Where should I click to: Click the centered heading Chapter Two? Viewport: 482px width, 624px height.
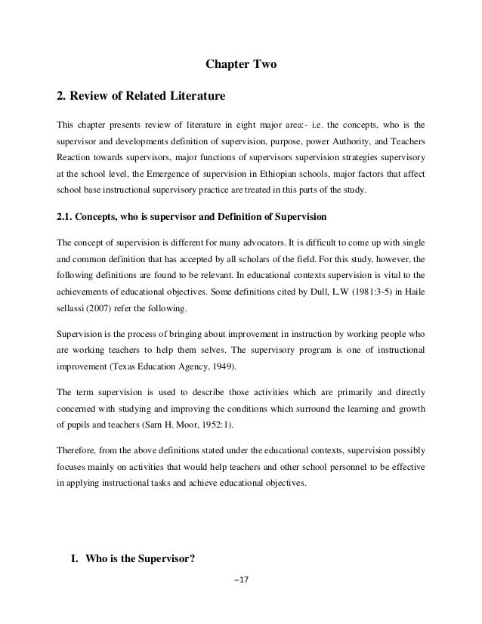[x=241, y=66]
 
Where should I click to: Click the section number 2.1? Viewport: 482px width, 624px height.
[x=66, y=218]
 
